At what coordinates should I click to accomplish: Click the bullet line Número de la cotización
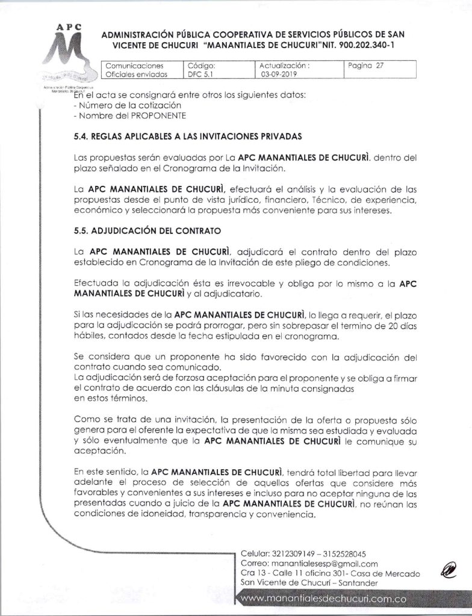click(x=120, y=105)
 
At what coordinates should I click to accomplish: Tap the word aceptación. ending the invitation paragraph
click(x=98, y=450)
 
